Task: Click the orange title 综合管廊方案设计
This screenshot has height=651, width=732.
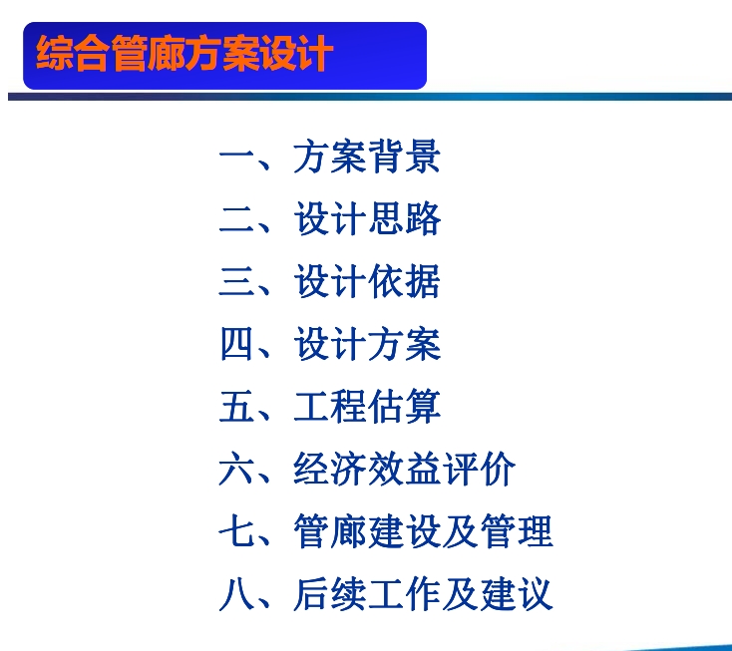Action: tap(184, 53)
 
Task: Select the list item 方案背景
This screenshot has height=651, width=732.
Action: tap(367, 157)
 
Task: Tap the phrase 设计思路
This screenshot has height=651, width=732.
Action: tap(367, 218)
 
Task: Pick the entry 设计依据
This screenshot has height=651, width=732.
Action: tap(367, 281)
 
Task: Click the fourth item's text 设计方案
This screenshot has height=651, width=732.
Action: tap(367, 344)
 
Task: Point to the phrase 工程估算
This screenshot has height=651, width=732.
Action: tap(367, 406)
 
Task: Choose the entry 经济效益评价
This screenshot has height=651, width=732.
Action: tap(404, 469)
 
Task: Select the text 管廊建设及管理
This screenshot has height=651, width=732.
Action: tap(423, 531)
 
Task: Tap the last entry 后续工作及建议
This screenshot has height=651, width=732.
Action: tap(423, 593)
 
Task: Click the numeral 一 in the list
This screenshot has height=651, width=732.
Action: tap(236, 156)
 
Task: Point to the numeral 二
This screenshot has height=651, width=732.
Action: tap(236, 219)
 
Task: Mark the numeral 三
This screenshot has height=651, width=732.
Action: tap(236, 281)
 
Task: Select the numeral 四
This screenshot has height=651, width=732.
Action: tap(236, 344)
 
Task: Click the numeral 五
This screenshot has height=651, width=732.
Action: tap(236, 407)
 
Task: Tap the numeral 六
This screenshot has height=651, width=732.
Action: tap(236, 469)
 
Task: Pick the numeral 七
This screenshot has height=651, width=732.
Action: tap(236, 531)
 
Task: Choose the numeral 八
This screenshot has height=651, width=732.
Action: tap(236, 594)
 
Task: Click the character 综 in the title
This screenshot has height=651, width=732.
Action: tap(55, 53)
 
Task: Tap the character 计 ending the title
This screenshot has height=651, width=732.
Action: tap(316, 53)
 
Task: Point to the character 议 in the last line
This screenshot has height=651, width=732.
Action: tap(535, 593)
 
